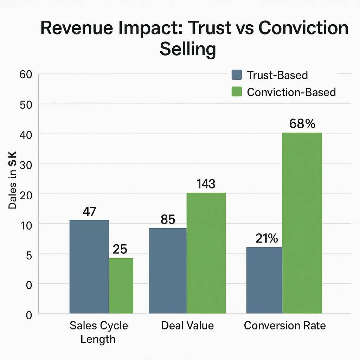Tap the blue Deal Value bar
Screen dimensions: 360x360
coord(168,270)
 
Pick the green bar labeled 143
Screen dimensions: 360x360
coord(206,253)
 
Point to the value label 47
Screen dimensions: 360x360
coord(89,212)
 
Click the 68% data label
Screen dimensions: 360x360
coord(302,124)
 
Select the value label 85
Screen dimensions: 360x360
coord(168,219)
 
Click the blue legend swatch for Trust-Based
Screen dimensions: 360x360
coord(237,75)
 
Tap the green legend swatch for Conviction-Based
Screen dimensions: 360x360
coord(237,92)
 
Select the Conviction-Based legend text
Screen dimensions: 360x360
coord(291,92)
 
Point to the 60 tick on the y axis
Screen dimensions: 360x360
coord(26,74)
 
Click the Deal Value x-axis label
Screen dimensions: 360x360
coord(187,326)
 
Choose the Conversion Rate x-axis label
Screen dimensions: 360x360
coord(285,326)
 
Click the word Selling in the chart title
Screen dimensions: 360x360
coord(187,50)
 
